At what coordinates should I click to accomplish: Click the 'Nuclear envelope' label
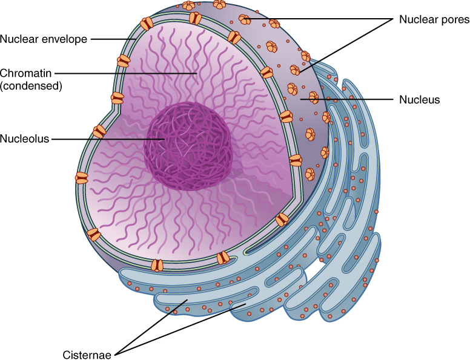[44, 39]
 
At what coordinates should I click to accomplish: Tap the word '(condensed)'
[31, 86]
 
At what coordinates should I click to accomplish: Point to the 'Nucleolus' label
[24, 138]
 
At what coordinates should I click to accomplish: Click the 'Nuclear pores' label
[434, 19]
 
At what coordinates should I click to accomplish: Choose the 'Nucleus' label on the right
[419, 99]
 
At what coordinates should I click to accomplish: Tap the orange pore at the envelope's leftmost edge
[81, 178]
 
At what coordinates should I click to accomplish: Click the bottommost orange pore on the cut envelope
[157, 264]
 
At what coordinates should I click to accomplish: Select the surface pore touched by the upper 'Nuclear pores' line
[245, 19]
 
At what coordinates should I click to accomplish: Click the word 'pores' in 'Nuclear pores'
[454, 19]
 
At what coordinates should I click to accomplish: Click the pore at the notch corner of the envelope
[117, 97]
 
